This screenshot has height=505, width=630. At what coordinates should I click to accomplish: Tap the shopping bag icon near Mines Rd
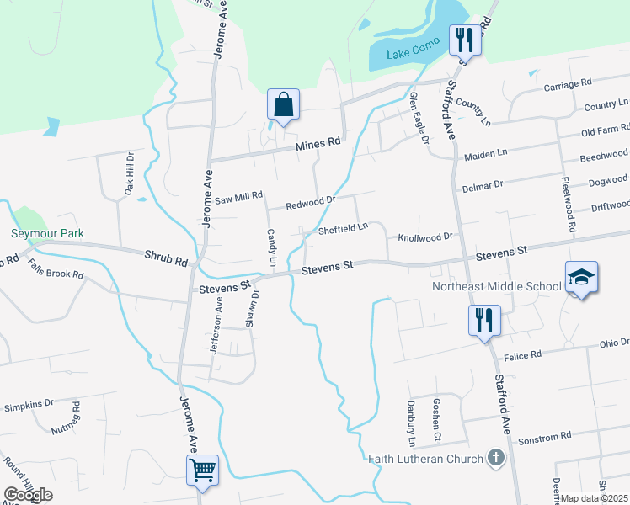coord(284,105)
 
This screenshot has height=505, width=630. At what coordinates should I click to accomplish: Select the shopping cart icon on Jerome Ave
coord(202,470)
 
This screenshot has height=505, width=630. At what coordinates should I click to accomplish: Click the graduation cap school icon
coord(581,277)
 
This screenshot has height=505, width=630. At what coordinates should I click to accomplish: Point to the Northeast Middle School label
coord(496,286)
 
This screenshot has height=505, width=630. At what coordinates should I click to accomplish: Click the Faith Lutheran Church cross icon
coord(497,458)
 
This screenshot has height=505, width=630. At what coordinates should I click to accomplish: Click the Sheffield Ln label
coord(343,227)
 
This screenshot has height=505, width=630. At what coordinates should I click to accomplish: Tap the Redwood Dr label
coord(310,202)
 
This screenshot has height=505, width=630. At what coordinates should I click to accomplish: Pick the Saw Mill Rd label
coord(239,197)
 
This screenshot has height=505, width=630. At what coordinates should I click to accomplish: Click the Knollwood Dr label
coord(425,237)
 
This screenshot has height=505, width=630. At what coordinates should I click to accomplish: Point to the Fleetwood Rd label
coord(569,205)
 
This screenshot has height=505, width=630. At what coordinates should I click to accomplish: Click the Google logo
coord(28,495)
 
